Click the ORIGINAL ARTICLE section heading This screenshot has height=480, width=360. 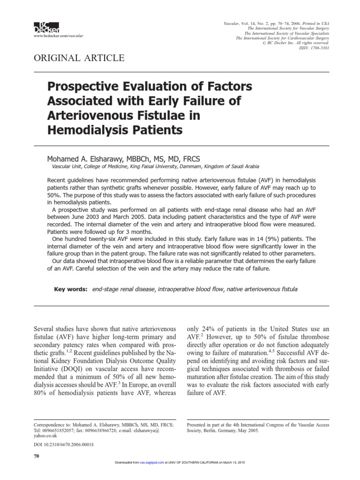pos(78,58)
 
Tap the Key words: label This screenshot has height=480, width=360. pos(71,290)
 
